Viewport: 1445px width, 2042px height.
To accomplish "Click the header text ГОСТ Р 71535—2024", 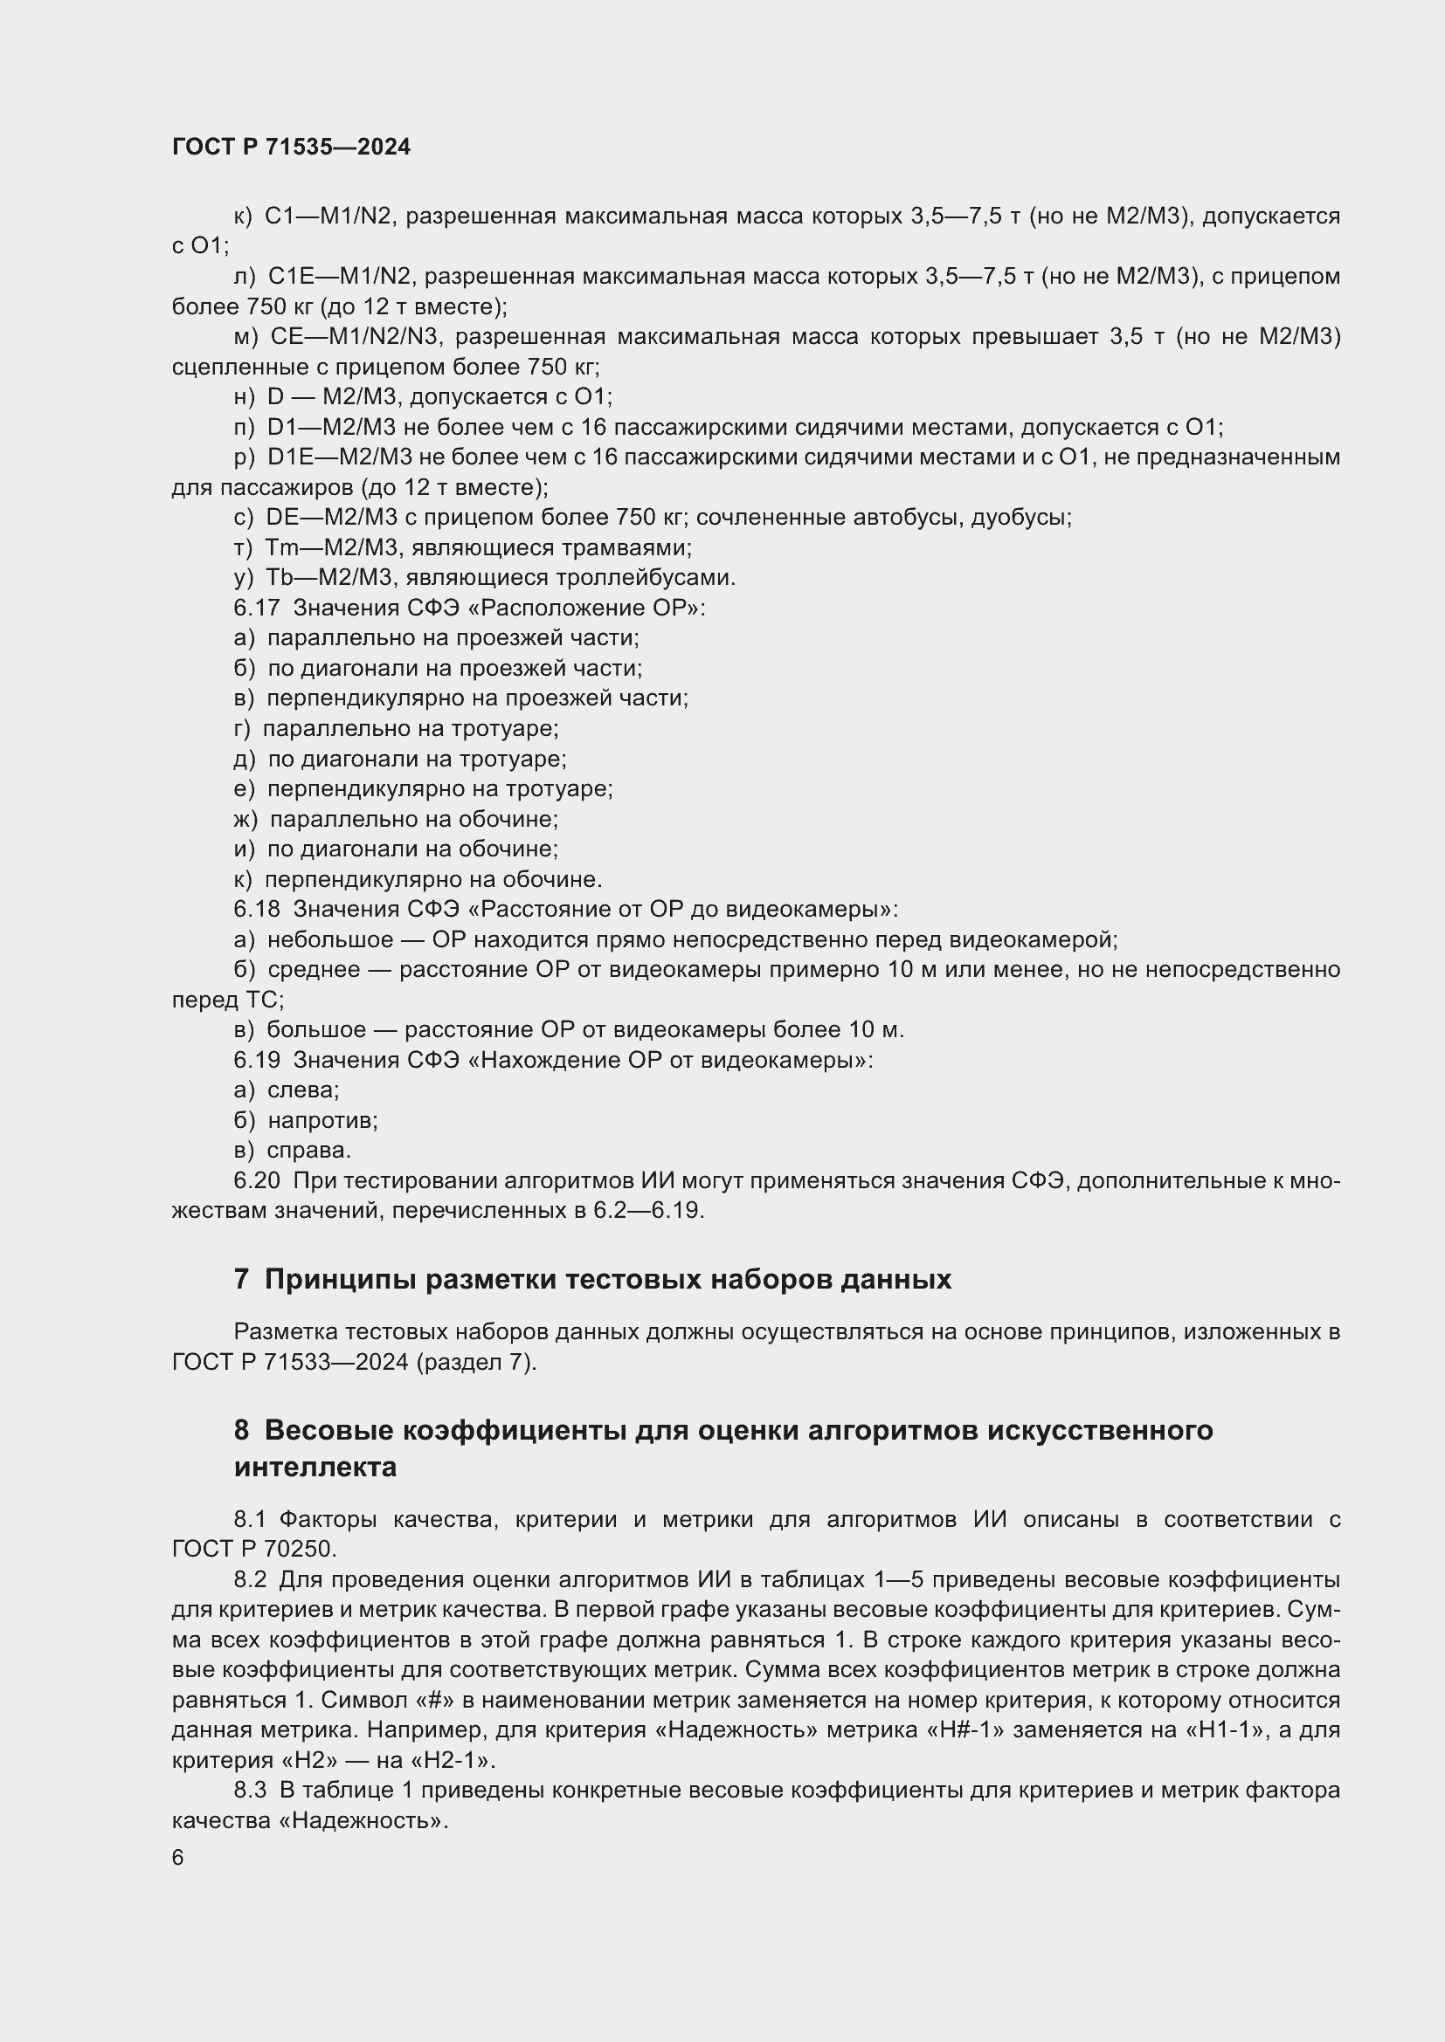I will (291, 148).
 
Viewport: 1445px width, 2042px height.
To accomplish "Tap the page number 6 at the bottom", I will (178, 1857).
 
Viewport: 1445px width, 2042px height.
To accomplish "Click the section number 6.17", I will (256, 608).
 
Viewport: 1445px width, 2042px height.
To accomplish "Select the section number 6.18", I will (256, 909).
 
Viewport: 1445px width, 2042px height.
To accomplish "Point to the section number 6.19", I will (256, 1059).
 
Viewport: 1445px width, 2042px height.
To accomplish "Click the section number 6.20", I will (256, 1180).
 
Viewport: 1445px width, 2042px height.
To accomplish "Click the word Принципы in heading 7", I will (339, 1279).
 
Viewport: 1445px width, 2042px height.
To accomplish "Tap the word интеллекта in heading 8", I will (315, 1467).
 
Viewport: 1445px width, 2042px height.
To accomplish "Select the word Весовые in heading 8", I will (328, 1430).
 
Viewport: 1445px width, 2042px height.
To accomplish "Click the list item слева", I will (302, 1090).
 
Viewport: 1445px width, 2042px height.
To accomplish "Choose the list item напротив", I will (322, 1120).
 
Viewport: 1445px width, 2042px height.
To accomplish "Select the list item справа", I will (308, 1150).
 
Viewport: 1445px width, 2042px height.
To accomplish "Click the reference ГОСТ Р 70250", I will (253, 1549).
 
